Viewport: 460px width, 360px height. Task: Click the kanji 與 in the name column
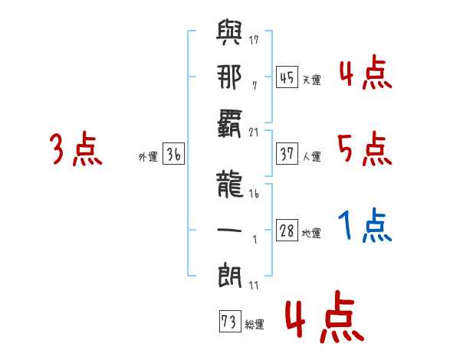229,32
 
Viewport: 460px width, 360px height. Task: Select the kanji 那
229,77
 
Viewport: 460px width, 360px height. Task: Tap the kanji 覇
229,123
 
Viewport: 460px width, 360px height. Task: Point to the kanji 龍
230,184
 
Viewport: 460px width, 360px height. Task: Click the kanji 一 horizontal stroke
229,230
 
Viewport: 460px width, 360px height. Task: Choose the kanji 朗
230,275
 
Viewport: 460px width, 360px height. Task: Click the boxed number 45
287,77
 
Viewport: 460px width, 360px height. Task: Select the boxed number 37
287,153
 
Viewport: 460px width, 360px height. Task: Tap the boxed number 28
287,230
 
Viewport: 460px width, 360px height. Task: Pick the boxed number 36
173,153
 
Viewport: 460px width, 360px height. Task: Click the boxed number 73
230,321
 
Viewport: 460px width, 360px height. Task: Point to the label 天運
312,80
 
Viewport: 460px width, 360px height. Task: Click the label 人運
312,156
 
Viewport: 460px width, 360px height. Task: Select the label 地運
311,234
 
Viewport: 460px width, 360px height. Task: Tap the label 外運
148,157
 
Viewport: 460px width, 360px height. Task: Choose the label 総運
255,325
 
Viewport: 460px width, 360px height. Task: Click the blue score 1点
365,225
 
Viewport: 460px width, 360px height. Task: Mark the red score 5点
365,149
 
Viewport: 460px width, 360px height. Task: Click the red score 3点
76,149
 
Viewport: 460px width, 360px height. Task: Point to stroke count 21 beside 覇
254,133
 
